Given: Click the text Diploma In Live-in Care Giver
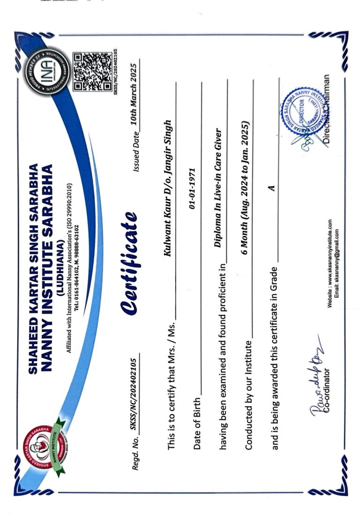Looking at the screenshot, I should tap(220, 188).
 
